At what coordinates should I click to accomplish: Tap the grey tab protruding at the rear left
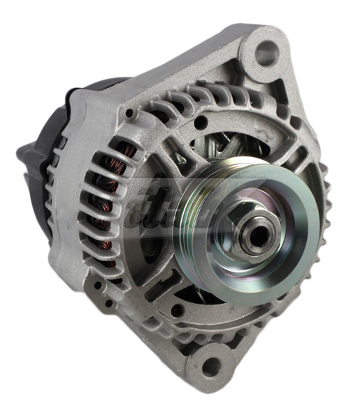(28, 150)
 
